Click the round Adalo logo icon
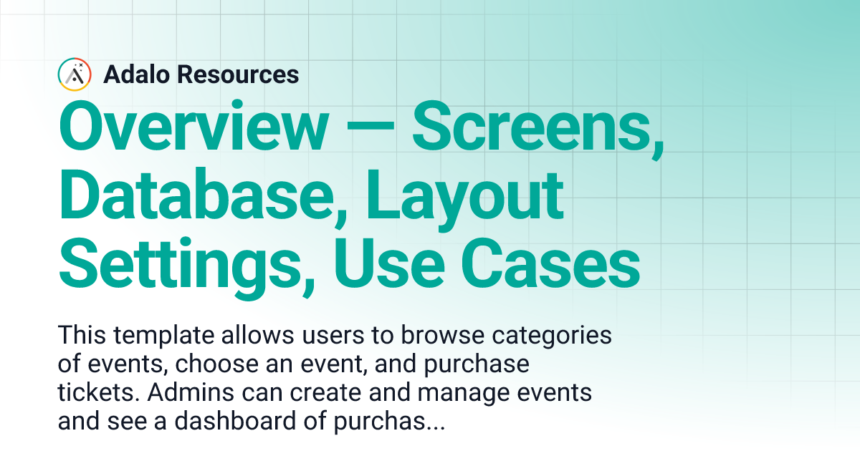coord(74,74)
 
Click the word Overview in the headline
coord(191,127)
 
